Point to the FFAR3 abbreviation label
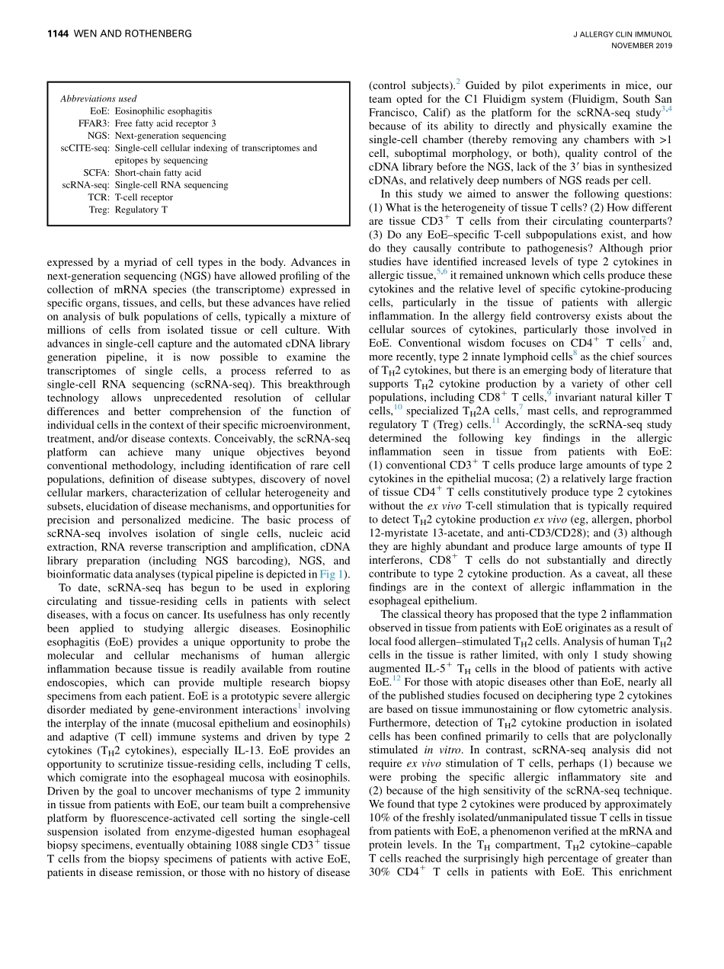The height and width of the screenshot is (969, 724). pyautogui.click(x=94, y=123)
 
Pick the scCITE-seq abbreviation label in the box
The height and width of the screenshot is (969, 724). pyautogui.click(x=85, y=148)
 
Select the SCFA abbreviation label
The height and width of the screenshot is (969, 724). pyautogui.click(x=97, y=173)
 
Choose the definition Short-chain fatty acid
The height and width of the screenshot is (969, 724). pyautogui.click(x=158, y=173)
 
